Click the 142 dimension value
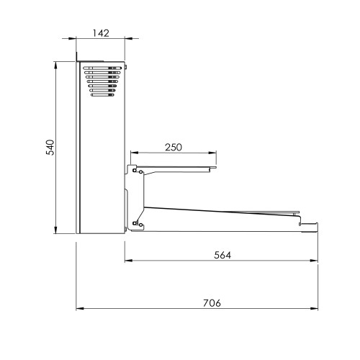[x=101, y=33]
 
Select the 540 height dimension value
[x=50, y=147]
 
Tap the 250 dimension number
[x=174, y=147]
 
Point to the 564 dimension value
[x=222, y=255]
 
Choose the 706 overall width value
[x=212, y=303]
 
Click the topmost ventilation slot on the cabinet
[x=102, y=68]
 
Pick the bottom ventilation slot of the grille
[x=102, y=95]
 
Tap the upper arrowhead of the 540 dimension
[x=55, y=66]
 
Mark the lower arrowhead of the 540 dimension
[x=55, y=230]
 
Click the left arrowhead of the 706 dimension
[x=80, y=308]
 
